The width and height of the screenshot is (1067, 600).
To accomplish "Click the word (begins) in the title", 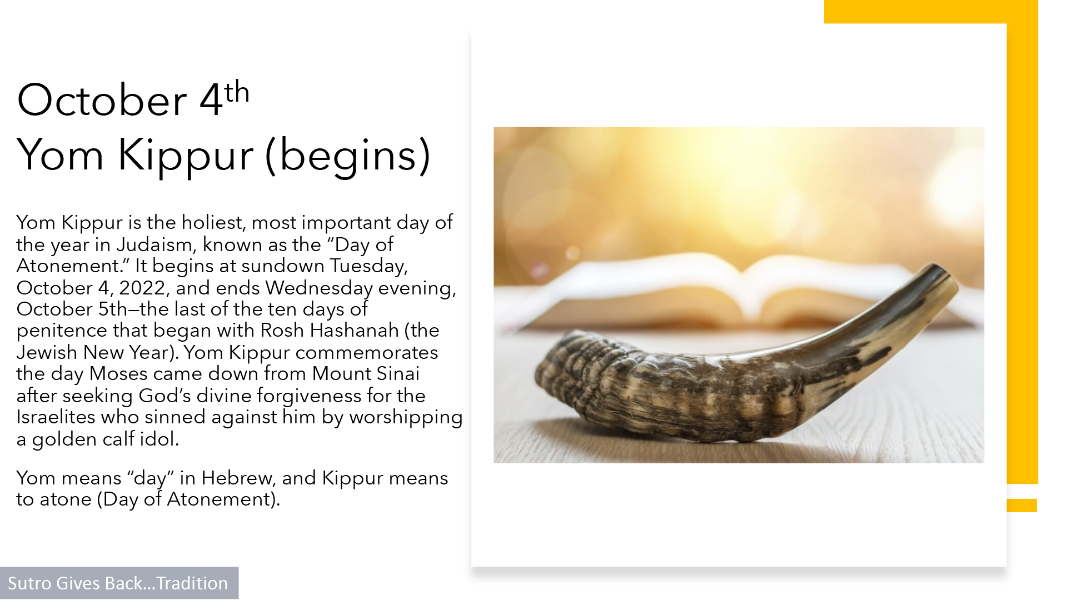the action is coord(348,156).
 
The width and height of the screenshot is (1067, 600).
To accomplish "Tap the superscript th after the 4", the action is coord(237,92).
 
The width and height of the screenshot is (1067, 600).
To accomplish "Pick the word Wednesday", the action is coord(318,288).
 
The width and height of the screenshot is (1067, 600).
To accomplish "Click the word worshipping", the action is coord(406,418).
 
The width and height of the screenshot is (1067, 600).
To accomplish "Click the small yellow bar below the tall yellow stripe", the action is coord(1022,505).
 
